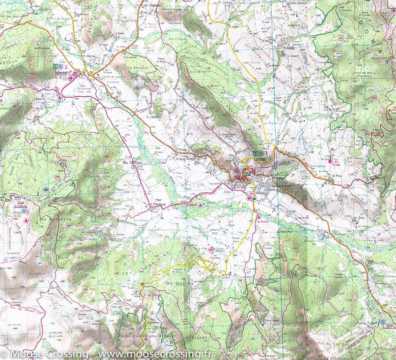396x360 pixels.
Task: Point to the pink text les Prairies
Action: coord(263,222)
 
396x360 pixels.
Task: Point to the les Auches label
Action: coord(291,211)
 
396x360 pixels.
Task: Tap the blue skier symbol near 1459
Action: coord(136,292)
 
